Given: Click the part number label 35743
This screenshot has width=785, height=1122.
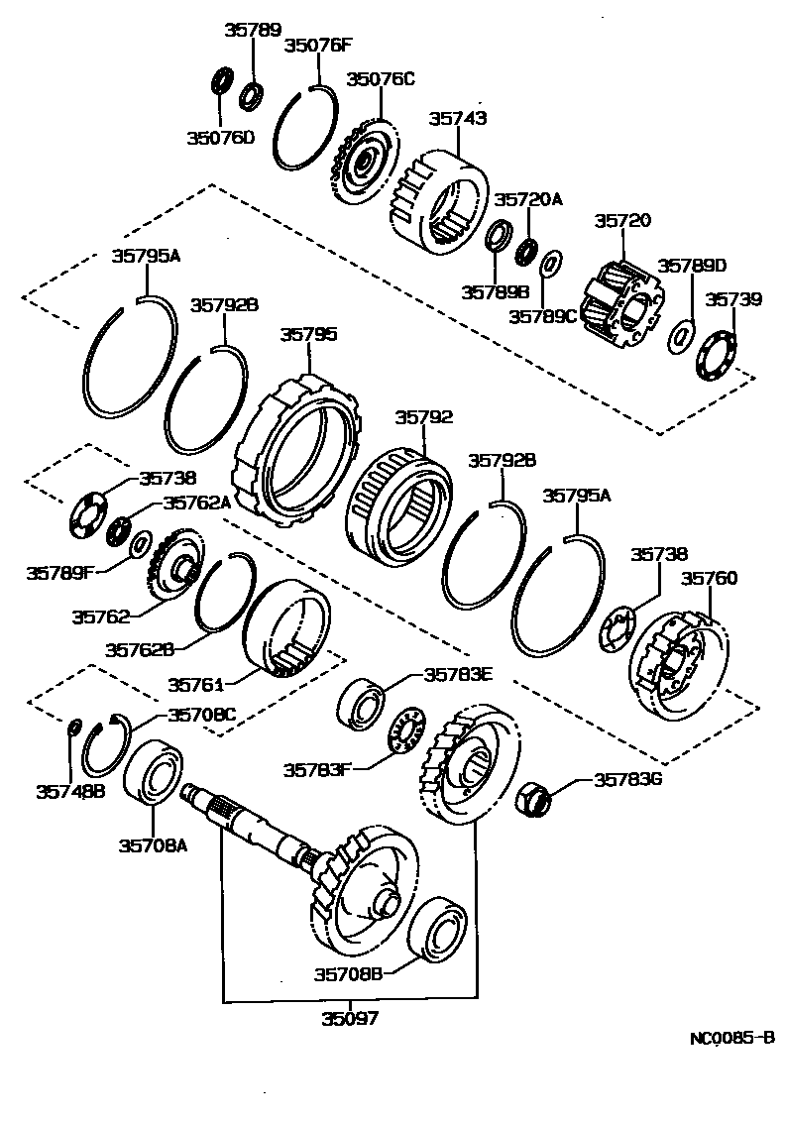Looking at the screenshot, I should [457, 118].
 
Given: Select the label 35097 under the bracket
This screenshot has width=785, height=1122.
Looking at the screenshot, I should [349, 1018].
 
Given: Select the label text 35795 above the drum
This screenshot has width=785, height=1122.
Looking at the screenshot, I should [307, 335].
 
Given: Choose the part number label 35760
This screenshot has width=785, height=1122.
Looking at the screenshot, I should [708, 578].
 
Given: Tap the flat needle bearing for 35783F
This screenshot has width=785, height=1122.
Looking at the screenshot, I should [407, 732].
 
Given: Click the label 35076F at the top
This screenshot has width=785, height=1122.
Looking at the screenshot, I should [318, 45].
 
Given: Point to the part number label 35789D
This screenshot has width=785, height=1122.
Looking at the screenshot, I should [692, 266].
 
